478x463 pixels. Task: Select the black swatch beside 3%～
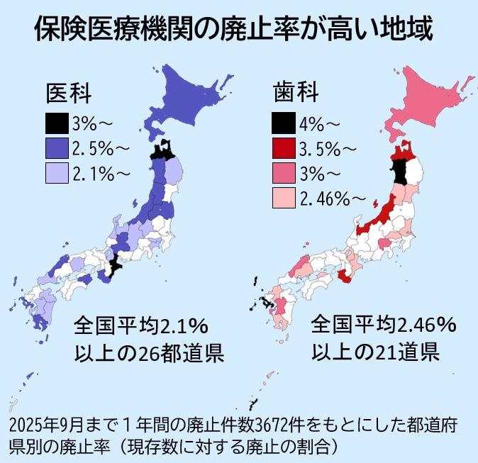(x=57, y=124)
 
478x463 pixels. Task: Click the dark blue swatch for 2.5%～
(x=57, y=148)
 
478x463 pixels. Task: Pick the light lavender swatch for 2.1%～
(x=57, y=172)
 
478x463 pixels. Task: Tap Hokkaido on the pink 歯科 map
(x=429, y=99)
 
